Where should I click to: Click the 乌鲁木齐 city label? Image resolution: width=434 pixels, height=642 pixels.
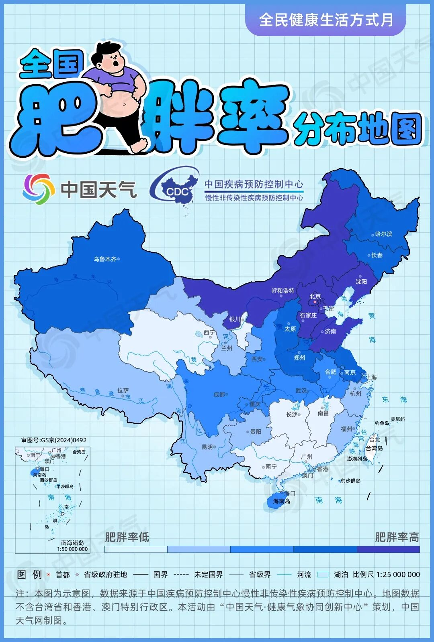click(x=105, y=259)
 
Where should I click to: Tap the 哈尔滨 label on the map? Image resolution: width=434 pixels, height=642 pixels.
click(x=383, y=234)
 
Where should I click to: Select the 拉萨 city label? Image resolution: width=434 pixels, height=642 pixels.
click(x=123, y=390)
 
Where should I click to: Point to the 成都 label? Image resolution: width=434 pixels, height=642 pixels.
click(x=219, y=394)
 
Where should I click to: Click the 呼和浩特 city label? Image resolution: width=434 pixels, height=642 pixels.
click(x=283, y=291)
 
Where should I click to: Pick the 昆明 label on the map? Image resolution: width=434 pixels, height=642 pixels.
click(x=207, y=447)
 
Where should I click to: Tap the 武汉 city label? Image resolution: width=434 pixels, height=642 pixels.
click(x=301, y=390)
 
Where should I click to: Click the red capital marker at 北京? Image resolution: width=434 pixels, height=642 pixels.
click(x=315, y=302)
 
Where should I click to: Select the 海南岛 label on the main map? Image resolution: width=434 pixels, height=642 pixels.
click(x=282, y=501)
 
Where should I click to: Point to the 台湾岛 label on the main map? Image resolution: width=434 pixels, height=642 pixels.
click(x=374, y=448)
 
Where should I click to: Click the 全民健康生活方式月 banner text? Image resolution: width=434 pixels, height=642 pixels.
click(x=326, y=20)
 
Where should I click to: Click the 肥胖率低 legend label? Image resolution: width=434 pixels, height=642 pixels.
click(x=127, y=537)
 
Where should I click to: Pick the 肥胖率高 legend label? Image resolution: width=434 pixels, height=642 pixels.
click(x=397, y=537)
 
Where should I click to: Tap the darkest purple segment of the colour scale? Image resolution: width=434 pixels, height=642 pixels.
click(x=388, y=549)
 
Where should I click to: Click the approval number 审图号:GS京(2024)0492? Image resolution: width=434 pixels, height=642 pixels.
click(x=54, y=440)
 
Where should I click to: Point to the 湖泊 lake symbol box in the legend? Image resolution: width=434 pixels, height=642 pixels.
click(x=323, y=575)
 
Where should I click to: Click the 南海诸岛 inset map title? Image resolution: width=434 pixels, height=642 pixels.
click(x=72, y=543)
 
